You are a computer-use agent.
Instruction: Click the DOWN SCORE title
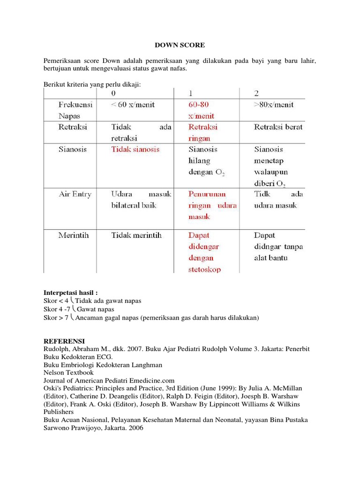[x=180, y=45]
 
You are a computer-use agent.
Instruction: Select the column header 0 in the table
[x=114, y=93]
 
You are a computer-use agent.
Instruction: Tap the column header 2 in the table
[x=256, y=93]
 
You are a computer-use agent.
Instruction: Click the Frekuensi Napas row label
[x=75, y=110]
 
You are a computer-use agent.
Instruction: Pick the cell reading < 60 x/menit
[x=134, y=105]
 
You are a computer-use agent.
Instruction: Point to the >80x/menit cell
[x=274, y=105]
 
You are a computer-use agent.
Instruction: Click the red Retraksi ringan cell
[x=203, y=133]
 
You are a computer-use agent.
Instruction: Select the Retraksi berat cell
[x=278, y=127]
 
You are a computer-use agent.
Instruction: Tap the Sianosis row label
[x=73, y=150]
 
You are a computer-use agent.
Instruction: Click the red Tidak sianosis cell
[x=135, y=150]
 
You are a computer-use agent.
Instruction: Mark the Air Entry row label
[x=75, y=194]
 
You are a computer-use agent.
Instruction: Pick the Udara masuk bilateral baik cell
[x=141, y=200]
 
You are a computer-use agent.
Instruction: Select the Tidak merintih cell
[x=136, y=235]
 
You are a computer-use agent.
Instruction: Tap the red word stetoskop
[x=205, y=270]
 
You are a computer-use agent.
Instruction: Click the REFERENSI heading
[x=64, y=341]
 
